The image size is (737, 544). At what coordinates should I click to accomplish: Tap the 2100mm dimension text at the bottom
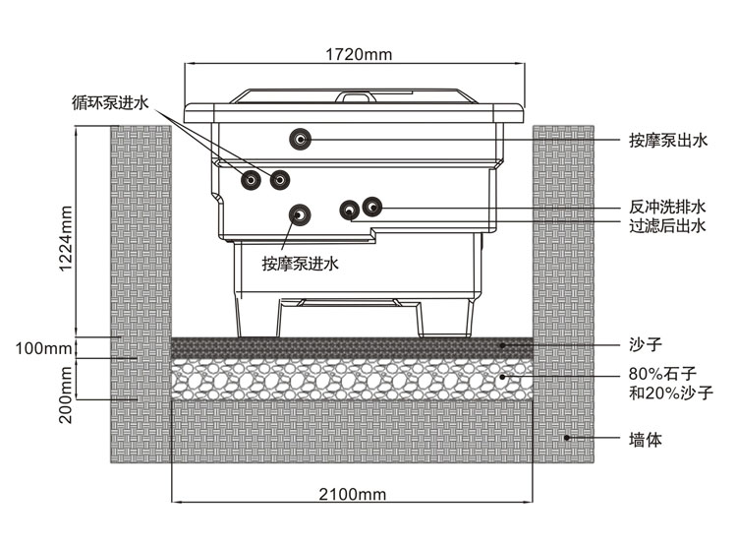coord(352,493)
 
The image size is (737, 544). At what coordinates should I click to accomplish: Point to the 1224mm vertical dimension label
coord(65,237)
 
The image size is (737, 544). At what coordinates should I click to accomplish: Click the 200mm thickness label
coord(65,393)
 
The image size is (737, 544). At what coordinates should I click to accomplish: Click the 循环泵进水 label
coord(109,101)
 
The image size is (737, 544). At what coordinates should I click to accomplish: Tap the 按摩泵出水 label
coord(667,141)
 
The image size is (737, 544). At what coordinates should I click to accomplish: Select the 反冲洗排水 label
coord(667,208)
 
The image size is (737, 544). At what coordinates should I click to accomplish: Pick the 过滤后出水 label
coord(667,226)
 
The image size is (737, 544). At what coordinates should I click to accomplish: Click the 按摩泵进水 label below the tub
coord(300,263)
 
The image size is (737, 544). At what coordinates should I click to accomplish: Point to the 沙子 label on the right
coord(646,345)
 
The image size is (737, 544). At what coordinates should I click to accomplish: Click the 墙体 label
coord(646,439)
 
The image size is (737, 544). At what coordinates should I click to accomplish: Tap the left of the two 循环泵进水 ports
coord(253,179)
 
